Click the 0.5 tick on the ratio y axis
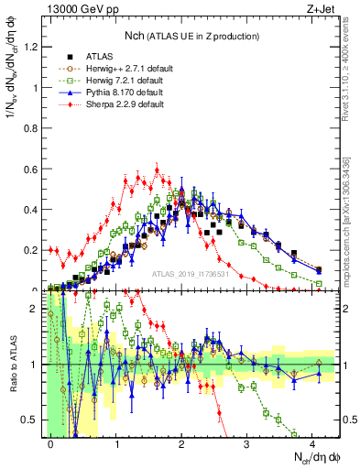coord(35,420)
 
